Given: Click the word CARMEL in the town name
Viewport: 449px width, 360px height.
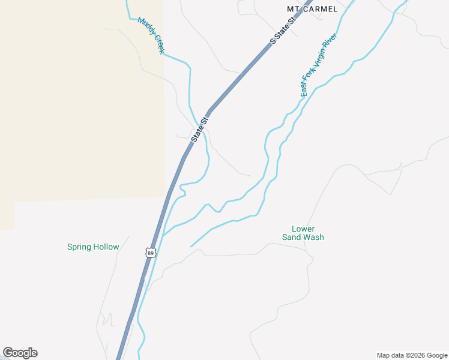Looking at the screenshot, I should [x=320, y=9].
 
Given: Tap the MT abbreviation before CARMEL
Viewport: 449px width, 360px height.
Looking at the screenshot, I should [x=294, y=9].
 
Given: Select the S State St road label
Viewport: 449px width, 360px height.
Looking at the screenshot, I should [x=284, y=31].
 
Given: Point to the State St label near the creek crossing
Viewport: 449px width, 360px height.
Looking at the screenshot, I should [x=200, y=129].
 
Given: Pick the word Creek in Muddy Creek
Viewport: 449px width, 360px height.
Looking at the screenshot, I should [x=158, y=44].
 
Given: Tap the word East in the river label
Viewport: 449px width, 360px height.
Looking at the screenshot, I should [x=304, y=89].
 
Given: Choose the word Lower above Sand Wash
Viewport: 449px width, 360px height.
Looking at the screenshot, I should [x=303, y=229].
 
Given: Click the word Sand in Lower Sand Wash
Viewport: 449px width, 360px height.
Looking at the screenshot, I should [x=292, y=237].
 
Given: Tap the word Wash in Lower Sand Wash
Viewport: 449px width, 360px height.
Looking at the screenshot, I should [x=314, y=237].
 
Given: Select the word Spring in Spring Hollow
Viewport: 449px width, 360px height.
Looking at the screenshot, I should [x=79, y=247].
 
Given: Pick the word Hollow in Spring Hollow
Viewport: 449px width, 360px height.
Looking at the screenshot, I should [x=106, y=247].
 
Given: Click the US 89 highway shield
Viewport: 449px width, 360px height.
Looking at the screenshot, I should [x=150, y=253].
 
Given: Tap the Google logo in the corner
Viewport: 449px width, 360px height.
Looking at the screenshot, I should [x=20, y=353].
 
